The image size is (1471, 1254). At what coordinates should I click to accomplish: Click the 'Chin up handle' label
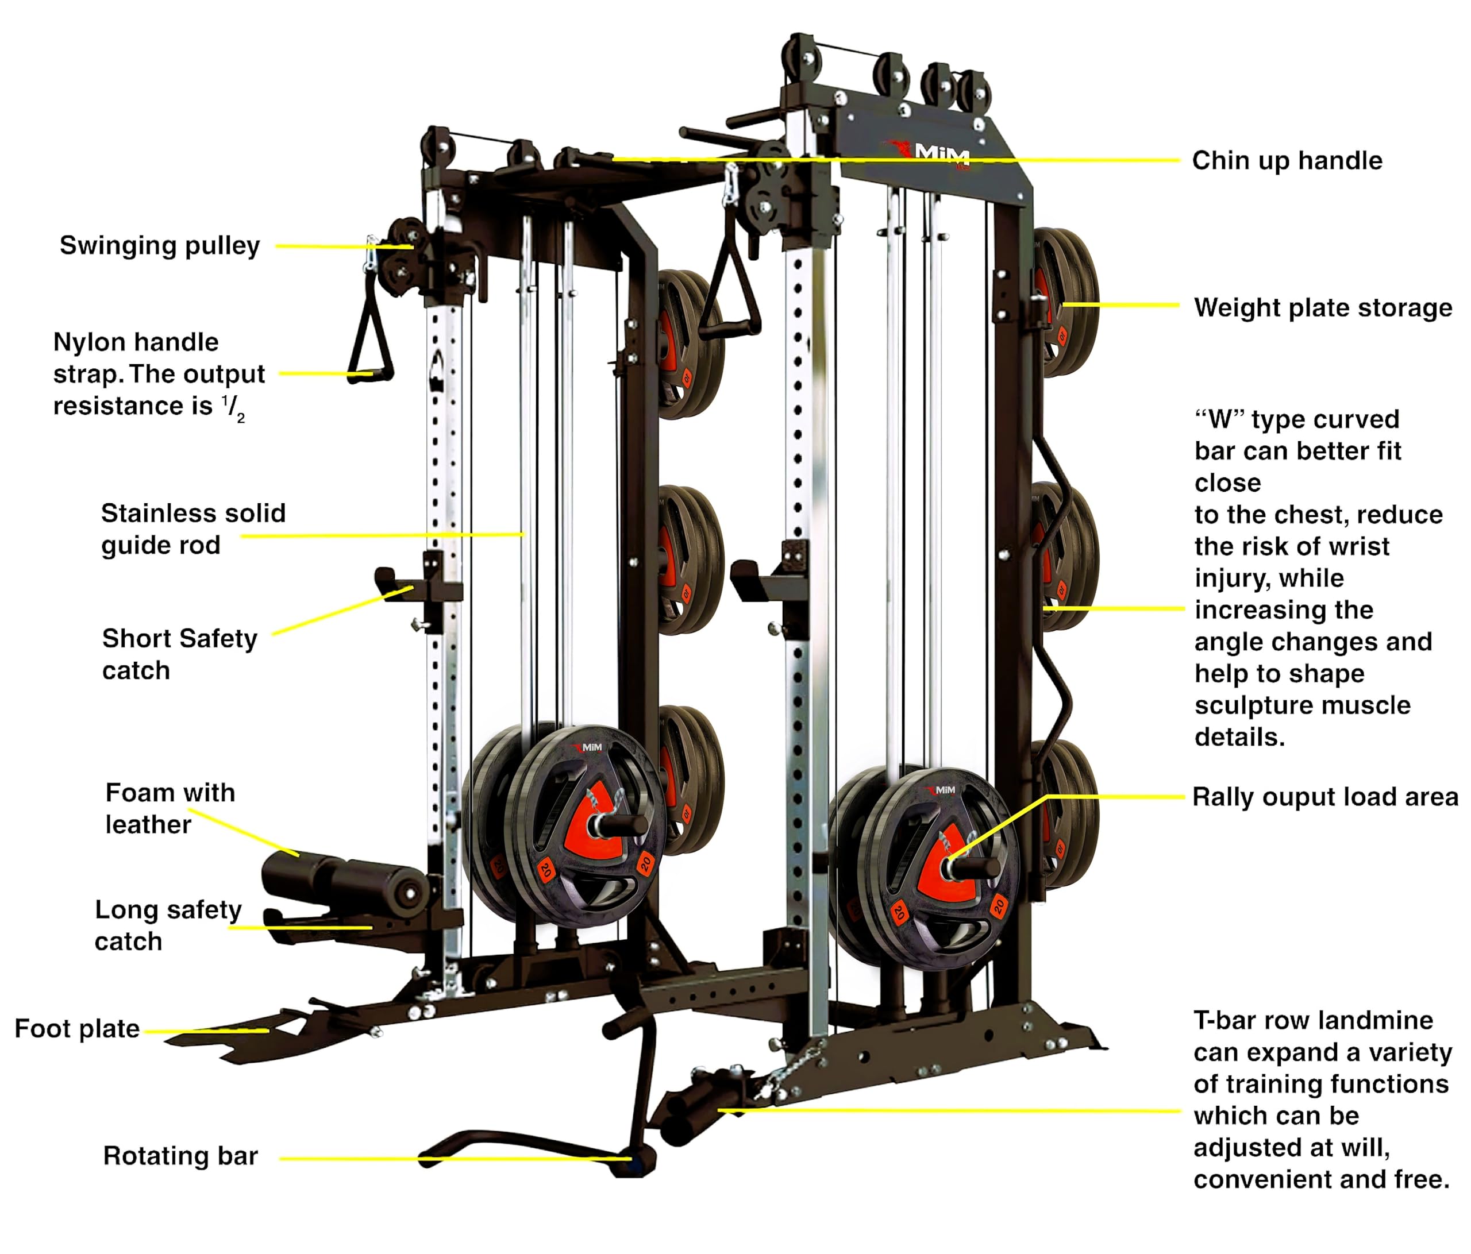(x=1287, y=160)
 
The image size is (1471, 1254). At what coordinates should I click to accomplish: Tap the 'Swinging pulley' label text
(x=160, y=245)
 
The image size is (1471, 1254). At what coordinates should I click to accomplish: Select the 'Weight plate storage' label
(x=1323, y=307)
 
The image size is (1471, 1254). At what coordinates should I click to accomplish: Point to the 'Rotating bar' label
(x=180, y=1155)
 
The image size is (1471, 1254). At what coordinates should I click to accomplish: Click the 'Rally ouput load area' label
(x=1324, y=796)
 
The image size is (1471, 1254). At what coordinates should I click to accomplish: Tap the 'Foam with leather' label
(x=170, y=808)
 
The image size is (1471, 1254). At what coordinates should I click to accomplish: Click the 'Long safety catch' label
(x=168, y=925)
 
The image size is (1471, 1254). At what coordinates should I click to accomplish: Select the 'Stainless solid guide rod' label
(x=192, y=528)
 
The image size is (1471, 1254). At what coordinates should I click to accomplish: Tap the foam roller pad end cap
(x=409, y=893)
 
